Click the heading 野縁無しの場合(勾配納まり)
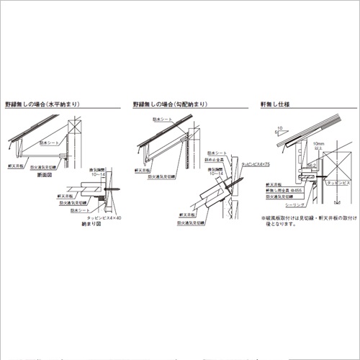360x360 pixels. click(172, 104)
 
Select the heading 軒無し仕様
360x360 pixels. click(275, 104)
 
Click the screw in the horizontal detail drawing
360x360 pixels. click(110, 189)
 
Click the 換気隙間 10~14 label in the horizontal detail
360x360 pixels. click(96, 172)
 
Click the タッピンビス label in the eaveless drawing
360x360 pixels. click(339, 184)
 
